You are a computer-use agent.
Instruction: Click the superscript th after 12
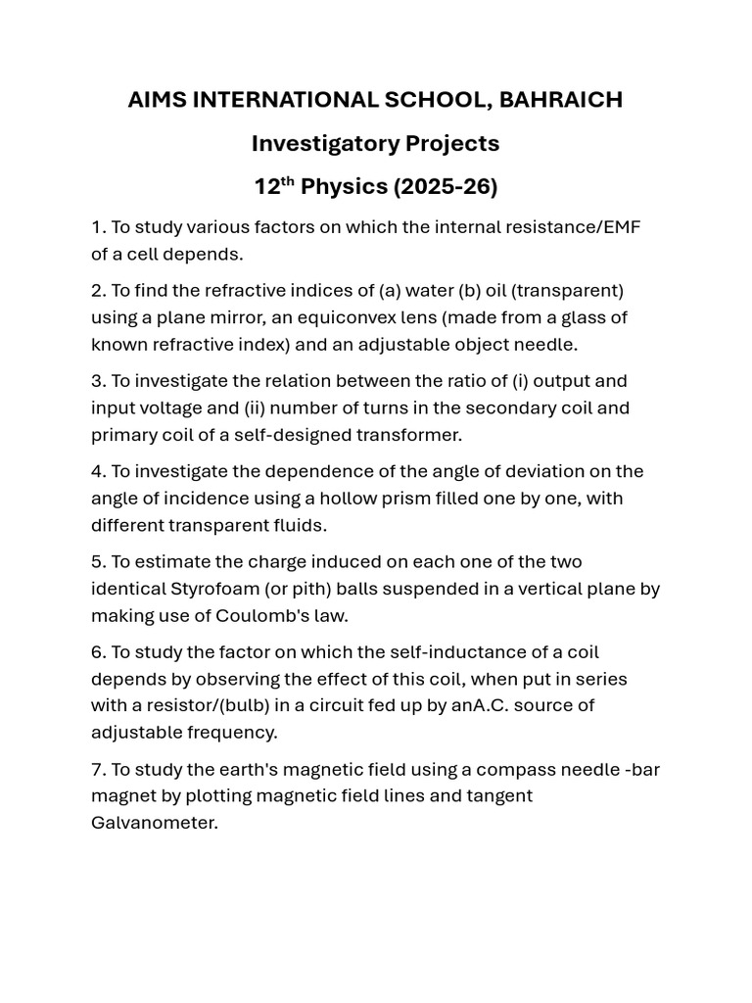tap(288, 180)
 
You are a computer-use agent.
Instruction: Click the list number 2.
tap(97, 291)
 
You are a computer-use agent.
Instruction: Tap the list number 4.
tap(97, 471)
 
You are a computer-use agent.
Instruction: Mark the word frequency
tap(235, 733)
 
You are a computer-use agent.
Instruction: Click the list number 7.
tap(97, 770)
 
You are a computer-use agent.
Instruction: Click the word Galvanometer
tap(154, 823)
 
